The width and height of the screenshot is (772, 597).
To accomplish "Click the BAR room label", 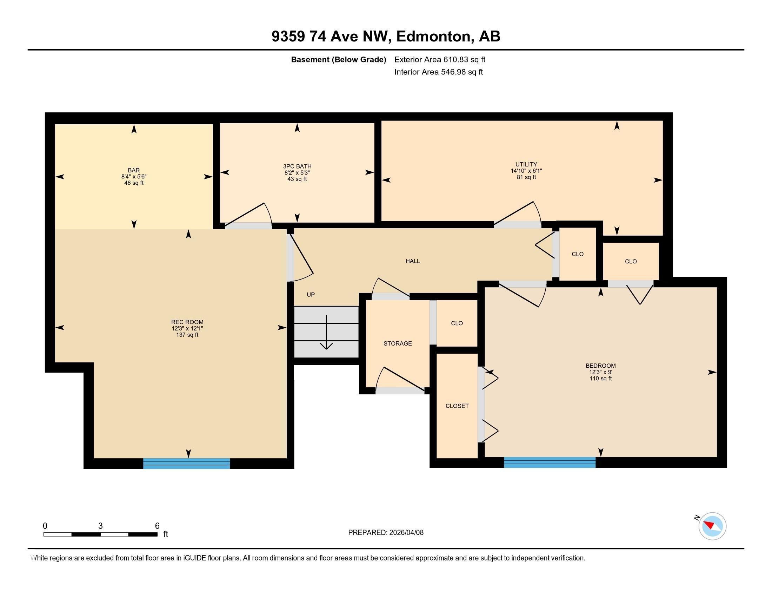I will click(134, 170).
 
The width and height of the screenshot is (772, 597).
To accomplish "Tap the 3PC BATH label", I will click(297, 166).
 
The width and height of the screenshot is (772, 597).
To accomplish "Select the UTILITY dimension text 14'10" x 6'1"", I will click(526, 171).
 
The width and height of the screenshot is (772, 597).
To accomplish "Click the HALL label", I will click(413, 261).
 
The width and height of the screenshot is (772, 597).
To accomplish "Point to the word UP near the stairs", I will click(310, 295).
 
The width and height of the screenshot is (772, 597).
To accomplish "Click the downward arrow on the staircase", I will click(326, 332).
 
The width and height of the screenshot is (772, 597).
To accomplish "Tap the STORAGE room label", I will click(398, 343).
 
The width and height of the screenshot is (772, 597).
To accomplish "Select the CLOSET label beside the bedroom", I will click(457, 406).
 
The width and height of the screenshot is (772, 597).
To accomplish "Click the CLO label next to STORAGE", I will click(457, 323).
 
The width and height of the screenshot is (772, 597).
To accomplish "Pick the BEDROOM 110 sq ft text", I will click(600, 379).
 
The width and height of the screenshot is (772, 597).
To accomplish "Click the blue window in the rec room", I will click(187, 463).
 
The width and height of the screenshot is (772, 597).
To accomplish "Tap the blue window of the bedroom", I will click(549, 462).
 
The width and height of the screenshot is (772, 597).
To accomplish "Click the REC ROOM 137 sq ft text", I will click(187, 335).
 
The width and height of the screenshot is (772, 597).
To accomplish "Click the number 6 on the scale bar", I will click(157, 526).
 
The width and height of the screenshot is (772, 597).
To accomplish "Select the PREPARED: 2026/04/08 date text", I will click(386, 533).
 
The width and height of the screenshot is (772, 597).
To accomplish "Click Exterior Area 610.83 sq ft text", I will click(440, 60).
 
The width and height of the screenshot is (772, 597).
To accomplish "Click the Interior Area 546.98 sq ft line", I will click(438, 72).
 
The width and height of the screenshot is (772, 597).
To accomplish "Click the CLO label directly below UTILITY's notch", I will click(631, 262).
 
